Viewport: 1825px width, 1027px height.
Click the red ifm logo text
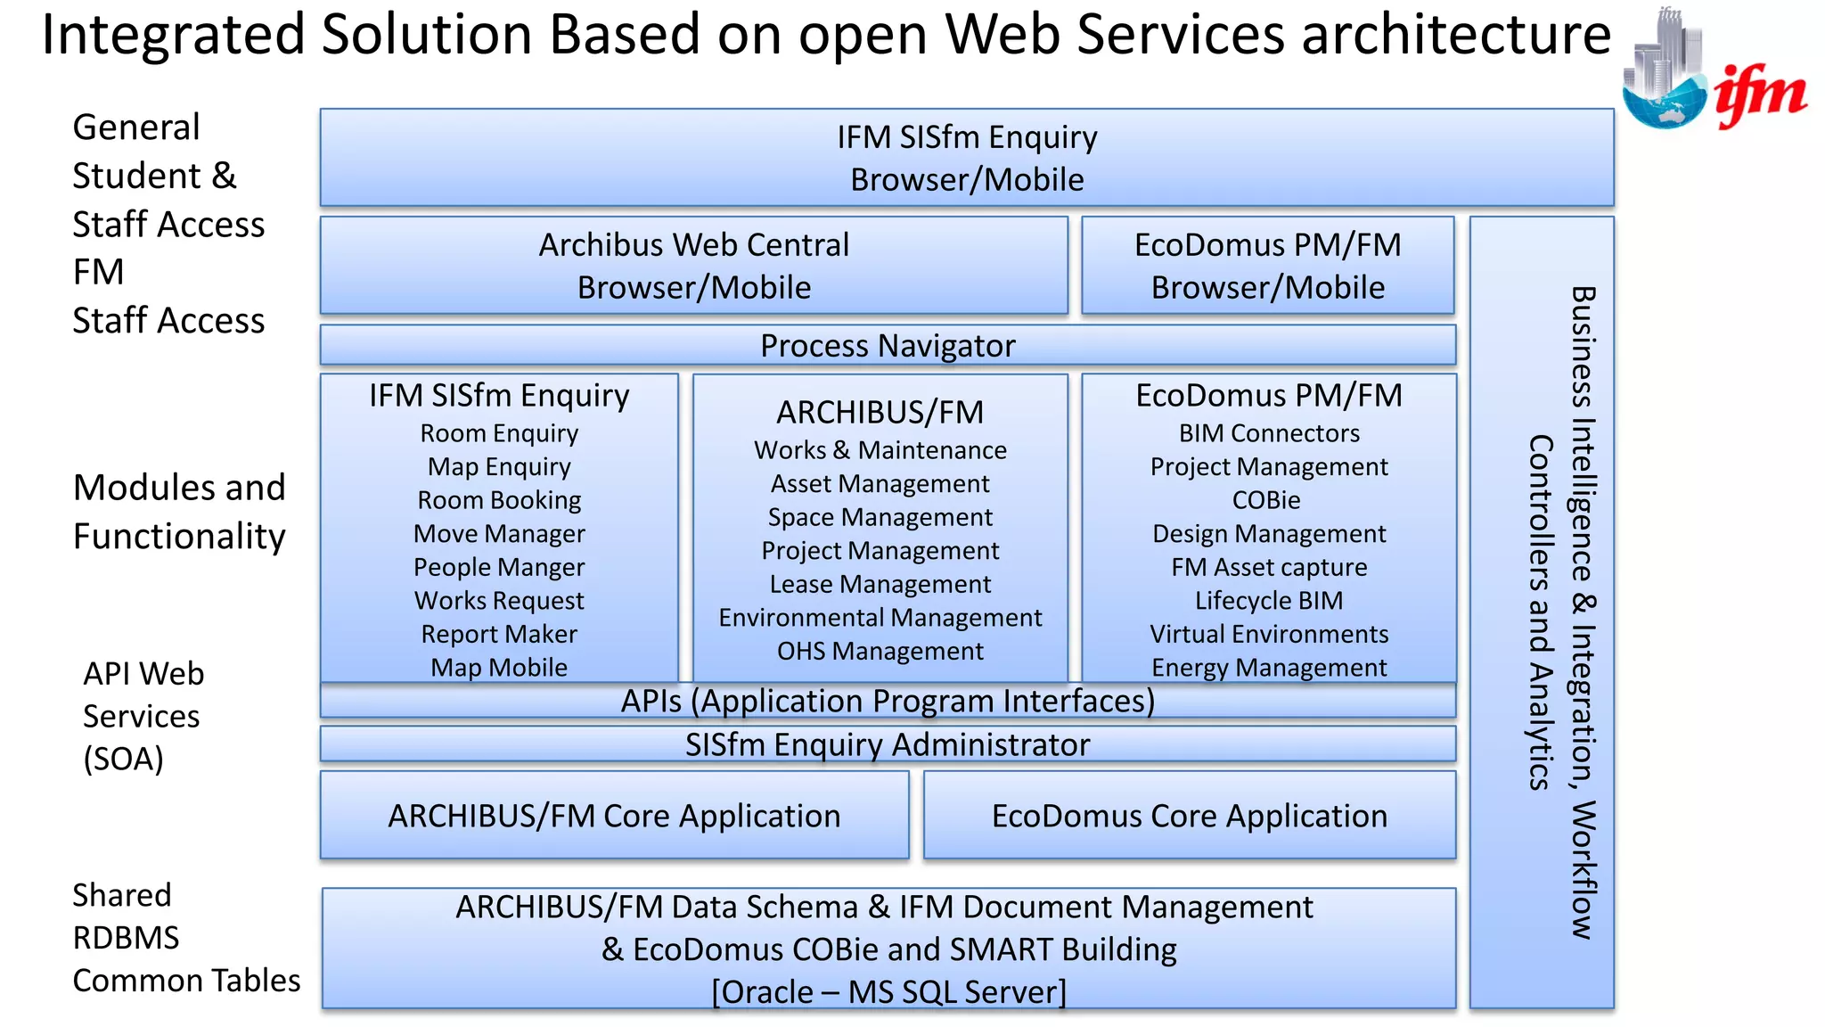click(x=1760, y=95)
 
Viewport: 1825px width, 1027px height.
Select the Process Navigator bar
click(x=888, y=346)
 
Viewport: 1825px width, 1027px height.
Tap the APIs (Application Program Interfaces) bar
click(x=888, y=702)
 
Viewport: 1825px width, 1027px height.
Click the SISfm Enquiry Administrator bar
click(x=888, y=744)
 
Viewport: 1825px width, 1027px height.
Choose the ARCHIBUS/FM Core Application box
click(x=614, y=816)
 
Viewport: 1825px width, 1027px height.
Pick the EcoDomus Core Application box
click(x=1190, y=816)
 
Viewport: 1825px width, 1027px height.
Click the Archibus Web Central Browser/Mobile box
click(x=693, y=266)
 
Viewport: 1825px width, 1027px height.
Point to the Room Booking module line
click(x=499, y=500)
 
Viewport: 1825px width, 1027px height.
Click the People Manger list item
click(x=499, y=567)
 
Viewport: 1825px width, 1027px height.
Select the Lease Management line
click(x=880, y=584)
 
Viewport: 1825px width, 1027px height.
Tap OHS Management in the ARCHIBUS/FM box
click(x=880, y=651)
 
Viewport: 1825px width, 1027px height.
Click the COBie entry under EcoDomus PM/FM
click(x=1266, y=500)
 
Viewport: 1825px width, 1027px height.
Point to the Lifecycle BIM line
click(x=1269, y=601)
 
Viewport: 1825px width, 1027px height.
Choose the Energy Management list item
click(x=1269, y=668)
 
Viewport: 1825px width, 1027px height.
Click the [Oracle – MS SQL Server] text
click(x=888, y=991)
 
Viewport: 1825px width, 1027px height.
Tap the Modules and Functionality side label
click(x=179, y=512)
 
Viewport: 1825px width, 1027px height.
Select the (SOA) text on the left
click(x=124, y=759)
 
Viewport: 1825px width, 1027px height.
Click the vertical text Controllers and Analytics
click(x=1540, y=612)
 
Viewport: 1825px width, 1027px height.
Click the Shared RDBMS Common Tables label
click(x=185, y=937)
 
